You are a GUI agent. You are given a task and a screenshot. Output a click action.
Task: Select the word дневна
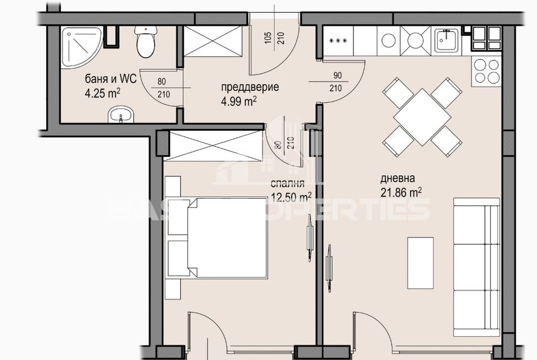pos(398,179)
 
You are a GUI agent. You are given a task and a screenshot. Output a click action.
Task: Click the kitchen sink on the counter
pos(445,40)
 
